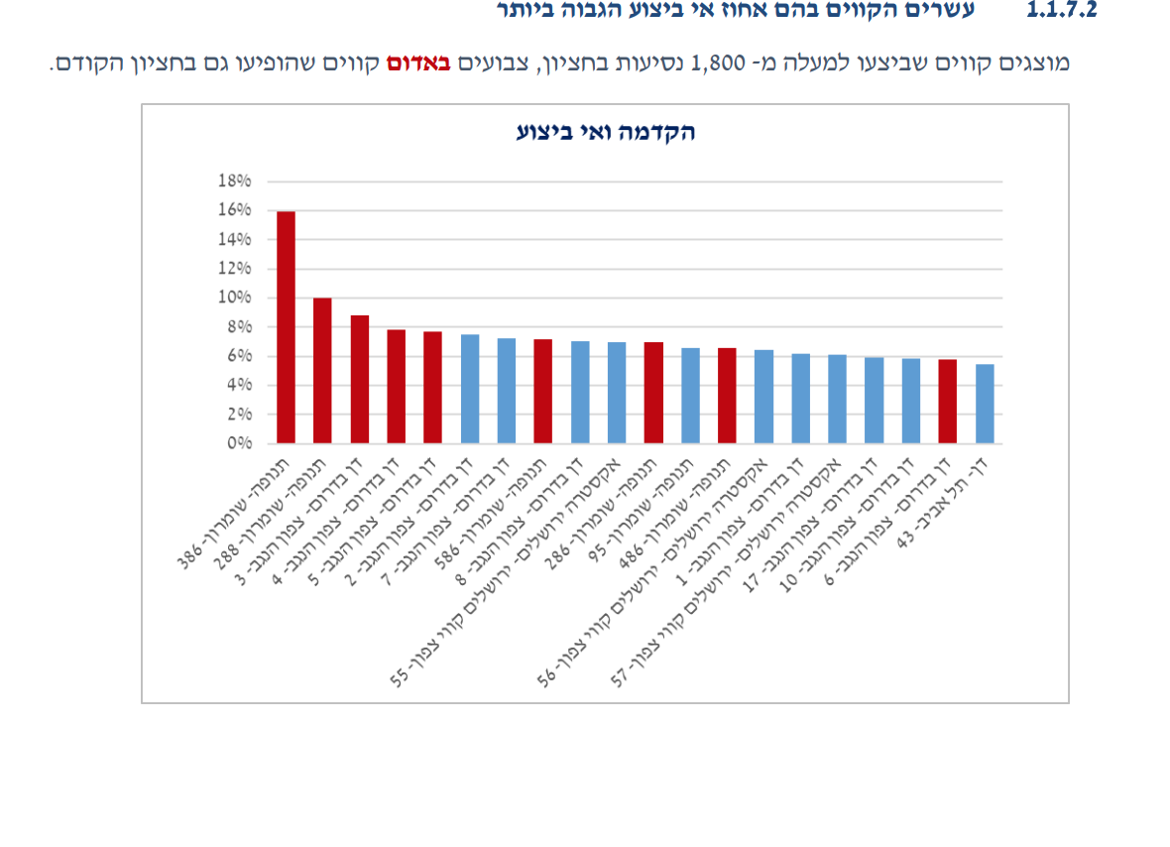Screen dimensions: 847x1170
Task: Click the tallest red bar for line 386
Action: click(286, 327)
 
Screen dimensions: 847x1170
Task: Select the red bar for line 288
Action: click(322, 371)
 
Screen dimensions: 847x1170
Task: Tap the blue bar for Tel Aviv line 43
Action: click(985, 404)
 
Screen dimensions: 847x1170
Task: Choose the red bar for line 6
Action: click(948, 402)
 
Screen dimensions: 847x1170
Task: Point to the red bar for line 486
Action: click(727, 396)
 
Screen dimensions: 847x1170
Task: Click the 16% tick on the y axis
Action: click(234, 210)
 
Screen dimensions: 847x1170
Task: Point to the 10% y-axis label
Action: click(234, 298)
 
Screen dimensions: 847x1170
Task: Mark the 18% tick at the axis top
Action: click(234, 181)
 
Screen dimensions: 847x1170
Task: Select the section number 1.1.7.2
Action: click(1062, 12)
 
